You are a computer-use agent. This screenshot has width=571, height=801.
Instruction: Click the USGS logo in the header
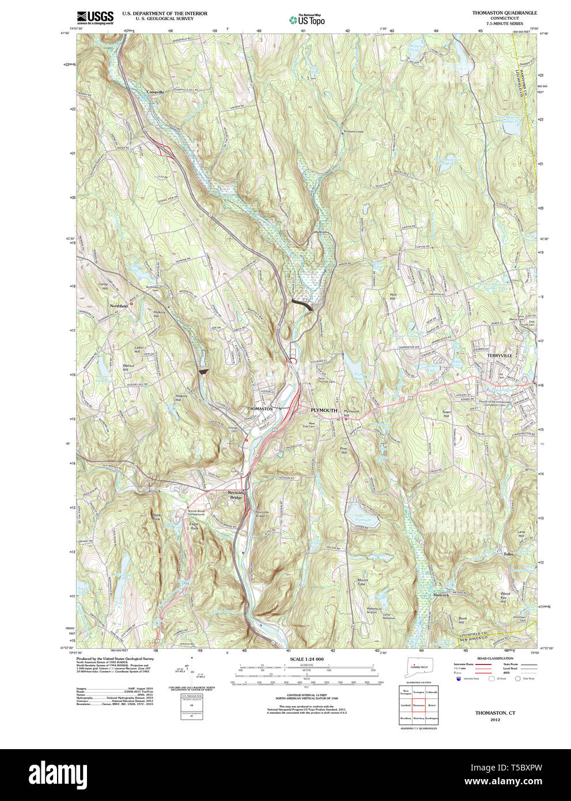tap(94, 17)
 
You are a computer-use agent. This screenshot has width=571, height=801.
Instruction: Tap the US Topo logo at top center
tap(308, 20)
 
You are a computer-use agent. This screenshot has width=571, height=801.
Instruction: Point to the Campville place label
tap(155, 92)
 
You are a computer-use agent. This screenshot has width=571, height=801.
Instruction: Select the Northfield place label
tap(119, 306)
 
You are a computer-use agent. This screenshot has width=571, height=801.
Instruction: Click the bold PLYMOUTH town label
tap(324, 410)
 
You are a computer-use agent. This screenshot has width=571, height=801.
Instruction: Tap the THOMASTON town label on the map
tap(259, 409)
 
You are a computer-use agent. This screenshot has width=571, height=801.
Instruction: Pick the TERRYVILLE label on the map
tap(499, 356)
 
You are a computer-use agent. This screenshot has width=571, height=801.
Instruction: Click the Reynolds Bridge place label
tap(236, 495)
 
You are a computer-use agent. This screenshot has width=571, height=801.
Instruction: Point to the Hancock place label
tap(441, 595)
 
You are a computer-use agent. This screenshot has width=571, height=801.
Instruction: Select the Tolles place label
tap(508, 554)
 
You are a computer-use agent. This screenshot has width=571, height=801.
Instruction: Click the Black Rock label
tap(156, 516)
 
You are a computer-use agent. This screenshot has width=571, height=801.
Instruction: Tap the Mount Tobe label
tap(362, 582)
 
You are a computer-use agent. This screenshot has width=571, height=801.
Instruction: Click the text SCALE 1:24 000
tap(307, 659)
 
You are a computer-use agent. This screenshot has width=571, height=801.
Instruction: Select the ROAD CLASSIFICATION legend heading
tap(495, 658)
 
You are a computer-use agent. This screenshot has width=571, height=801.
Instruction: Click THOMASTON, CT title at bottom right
tap(495, 713)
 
